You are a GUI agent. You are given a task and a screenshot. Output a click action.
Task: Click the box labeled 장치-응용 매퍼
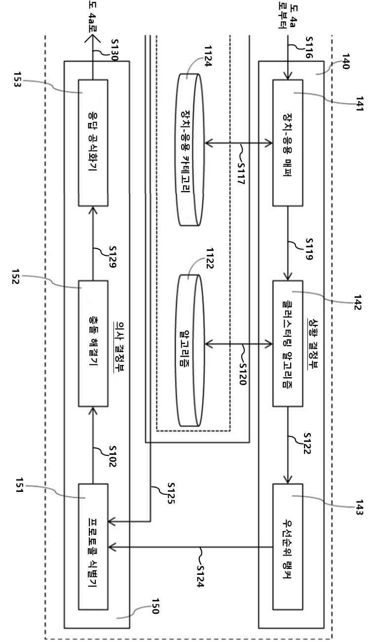pyautogui.click(x=288, y=143)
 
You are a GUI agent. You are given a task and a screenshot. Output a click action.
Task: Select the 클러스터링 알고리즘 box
pyautogui.click(x=288, y=343)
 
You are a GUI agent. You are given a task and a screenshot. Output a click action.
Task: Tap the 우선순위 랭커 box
pyautogui.click(x=288, y=547)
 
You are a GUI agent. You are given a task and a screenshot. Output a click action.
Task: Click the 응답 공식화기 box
pyautogui.click(x=93, y=143)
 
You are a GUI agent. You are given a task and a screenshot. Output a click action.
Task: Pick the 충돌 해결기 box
pyautogui.click(x=93, y=343)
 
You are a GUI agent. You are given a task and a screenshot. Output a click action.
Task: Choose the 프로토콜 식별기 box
pyautogui.click(x=93, y=547)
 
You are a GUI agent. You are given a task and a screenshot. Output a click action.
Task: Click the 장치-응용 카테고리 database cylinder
pyautogui.click(x=189, y=150)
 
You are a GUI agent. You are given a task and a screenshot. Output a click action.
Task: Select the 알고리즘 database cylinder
pyautogui.click(x=189, y=350)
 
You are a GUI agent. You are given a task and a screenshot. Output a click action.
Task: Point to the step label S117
pyautogui.click(x=241, y=174)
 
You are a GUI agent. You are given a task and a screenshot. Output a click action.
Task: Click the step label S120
pyautogui.click(x=242, y=374)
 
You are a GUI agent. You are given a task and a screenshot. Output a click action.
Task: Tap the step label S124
pyautogui.click(x=201, y=576)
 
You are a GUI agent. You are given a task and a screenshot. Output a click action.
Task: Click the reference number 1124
pyautogui.click(x=208, y=56)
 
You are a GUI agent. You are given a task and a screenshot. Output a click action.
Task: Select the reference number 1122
pyautogui.click(x=210, y=258)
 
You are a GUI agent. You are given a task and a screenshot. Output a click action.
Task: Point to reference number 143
pyautogui.click(x=359, y=507)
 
